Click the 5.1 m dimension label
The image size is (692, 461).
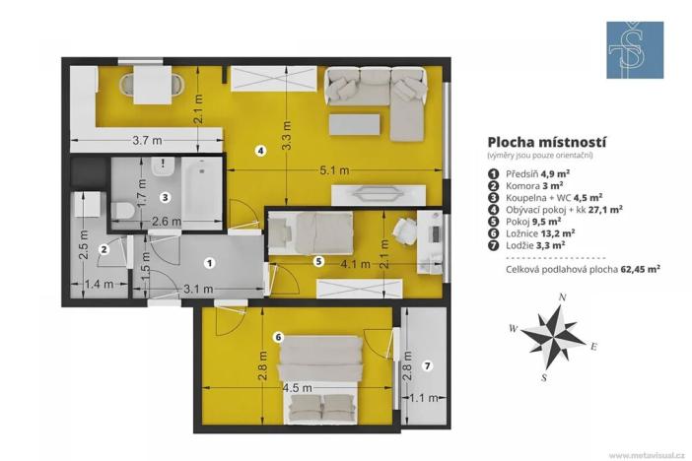pos(336,170)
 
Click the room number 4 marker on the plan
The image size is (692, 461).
pos(260,151)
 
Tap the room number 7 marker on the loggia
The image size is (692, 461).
pos(427,365)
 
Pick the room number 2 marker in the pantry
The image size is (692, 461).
pos(103,250)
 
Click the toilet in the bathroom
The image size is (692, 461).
pos(122,211)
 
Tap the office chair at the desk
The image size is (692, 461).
pos(405,231)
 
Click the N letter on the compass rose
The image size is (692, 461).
pos(561,296)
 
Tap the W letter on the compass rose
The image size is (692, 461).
pos(514,328)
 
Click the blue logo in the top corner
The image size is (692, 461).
pos(635,50)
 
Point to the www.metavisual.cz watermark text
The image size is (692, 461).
pos(647,455)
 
